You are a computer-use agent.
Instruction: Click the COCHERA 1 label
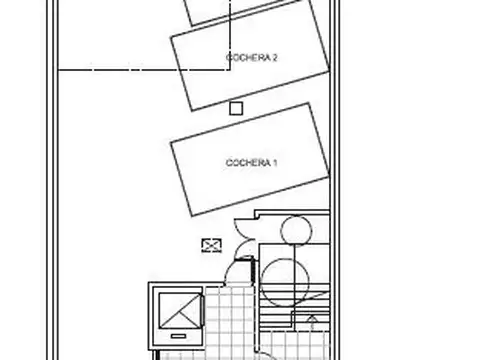[x=252, y=163]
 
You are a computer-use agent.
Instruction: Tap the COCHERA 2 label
[x=252, y=58]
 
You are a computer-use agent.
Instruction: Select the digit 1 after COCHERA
[x=275, y=163]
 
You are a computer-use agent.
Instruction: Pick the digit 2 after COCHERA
[x=275, y=58]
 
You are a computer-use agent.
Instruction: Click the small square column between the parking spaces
[x=236, y=109]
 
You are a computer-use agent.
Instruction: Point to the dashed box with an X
[x=212, y=245]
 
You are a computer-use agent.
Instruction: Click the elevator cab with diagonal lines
[x=180, y=311]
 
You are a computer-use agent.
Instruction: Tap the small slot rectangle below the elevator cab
[x=178, y=336]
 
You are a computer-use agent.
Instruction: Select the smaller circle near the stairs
[x=296, y=231]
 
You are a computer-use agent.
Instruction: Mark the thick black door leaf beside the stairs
[x=253, y=269]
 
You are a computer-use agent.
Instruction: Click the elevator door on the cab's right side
[x=202, y=311]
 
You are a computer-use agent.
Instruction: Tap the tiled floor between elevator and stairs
[x=231, y=320]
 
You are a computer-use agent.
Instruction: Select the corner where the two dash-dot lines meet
[x=230, y=70]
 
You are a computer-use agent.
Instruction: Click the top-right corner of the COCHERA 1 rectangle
[x=310, y=104]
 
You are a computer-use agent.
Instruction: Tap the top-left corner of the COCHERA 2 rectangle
[x=171, y=37]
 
